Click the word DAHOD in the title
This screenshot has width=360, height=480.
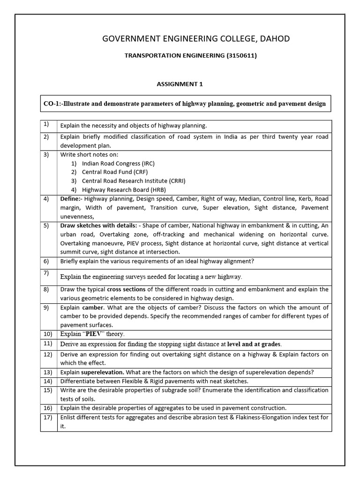pos(273,38)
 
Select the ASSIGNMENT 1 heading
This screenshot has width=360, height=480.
pos(180,84)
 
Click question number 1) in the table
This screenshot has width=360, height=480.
pos(46,124)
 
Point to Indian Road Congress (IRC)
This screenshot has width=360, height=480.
pos(118,164)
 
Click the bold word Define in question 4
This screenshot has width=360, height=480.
pos(70,199)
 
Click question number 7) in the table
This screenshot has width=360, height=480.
pos(46,273)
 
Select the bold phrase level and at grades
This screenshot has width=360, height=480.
pos(254,345)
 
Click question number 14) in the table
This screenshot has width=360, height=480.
pos(47,381)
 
